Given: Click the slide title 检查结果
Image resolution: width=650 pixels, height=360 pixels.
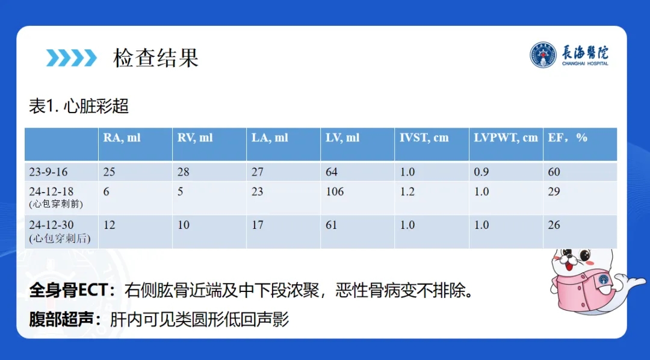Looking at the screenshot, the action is [x=156, y=58].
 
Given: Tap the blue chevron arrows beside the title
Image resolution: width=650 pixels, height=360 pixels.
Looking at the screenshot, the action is [x=71, y=58].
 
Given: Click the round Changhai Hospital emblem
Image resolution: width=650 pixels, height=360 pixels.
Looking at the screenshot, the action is [x=543, y=55].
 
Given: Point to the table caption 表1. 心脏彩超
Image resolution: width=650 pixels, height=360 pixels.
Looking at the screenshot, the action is [x=79, y=106].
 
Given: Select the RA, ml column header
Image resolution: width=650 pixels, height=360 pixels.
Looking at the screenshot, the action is [x=122, y=138].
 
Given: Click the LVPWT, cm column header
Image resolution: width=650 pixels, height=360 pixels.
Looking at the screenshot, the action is [x=506, y=138].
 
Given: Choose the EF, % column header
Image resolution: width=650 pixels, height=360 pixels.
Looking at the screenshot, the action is [x=568, y=138].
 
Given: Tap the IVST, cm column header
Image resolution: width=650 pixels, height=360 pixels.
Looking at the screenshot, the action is [x=424, y=138].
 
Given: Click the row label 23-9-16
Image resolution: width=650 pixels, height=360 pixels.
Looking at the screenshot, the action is [x=48, y=172].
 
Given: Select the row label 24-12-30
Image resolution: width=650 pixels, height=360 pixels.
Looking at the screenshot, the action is [x=51, y=225].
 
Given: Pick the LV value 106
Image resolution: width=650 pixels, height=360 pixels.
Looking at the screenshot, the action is [x=335, y=191].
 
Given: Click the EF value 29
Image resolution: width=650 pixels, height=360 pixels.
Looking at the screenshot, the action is [x=554, y=191].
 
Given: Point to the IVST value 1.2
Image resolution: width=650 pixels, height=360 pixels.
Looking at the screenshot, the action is [x=407, y=191].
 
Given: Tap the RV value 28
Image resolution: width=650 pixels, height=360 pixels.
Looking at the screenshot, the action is [x=183, y=172].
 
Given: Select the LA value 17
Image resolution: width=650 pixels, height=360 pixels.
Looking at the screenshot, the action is [x=258, y=225].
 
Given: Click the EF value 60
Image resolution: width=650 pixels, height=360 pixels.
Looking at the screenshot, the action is [x=554, y=172].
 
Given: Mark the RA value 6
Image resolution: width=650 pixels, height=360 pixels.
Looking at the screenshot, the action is [x=107, y=191].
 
